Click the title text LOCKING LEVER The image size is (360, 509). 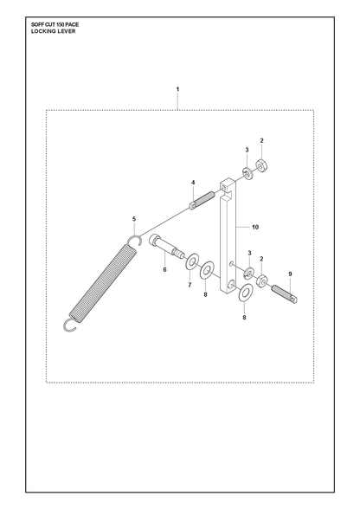(54, 31)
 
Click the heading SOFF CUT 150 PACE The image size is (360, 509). (55, 24)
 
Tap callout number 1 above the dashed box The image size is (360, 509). (177, 89)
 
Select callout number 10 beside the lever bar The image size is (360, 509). (255, 227)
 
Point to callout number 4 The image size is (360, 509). (193, 183)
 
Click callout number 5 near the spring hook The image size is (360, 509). (134, 219)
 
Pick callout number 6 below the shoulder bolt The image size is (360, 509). (164, 269)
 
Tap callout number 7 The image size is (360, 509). (190, 285)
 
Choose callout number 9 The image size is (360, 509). (290, 274)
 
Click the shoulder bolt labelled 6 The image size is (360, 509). (166, 247)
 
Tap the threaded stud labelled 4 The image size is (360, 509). (202, 201)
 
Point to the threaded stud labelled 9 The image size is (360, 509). (285, 294)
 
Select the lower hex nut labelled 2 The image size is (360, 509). (262, 280)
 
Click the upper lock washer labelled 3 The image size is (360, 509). (248, 174)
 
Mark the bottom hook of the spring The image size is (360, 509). (70, 325)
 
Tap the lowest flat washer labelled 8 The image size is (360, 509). (246, 293)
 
